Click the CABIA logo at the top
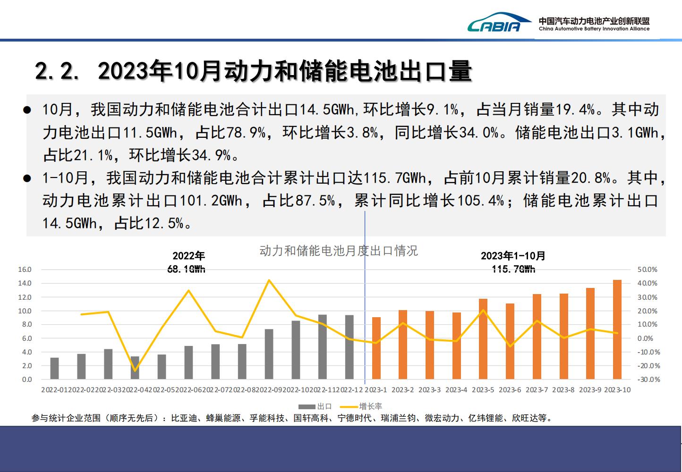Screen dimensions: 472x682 click(494, 23)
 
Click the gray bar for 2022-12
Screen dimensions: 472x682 click(350, 347)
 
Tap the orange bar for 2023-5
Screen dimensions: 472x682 click(483, 339)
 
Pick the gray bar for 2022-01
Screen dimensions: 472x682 click(54, 369)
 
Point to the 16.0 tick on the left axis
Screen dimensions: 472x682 click(25, 270)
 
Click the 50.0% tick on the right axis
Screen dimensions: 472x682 click(647, 270)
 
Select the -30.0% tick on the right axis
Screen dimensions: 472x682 click(648, 379)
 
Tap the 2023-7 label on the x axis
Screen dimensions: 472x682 click(537, 390)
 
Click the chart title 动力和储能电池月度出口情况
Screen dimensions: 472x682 click(339, 251)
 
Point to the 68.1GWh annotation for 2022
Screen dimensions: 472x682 click(187, 269)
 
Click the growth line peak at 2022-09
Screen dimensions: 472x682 click(269, 280)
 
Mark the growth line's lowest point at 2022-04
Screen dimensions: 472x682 click(135, 371)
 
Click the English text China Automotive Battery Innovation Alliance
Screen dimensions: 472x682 click(594, 29)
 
